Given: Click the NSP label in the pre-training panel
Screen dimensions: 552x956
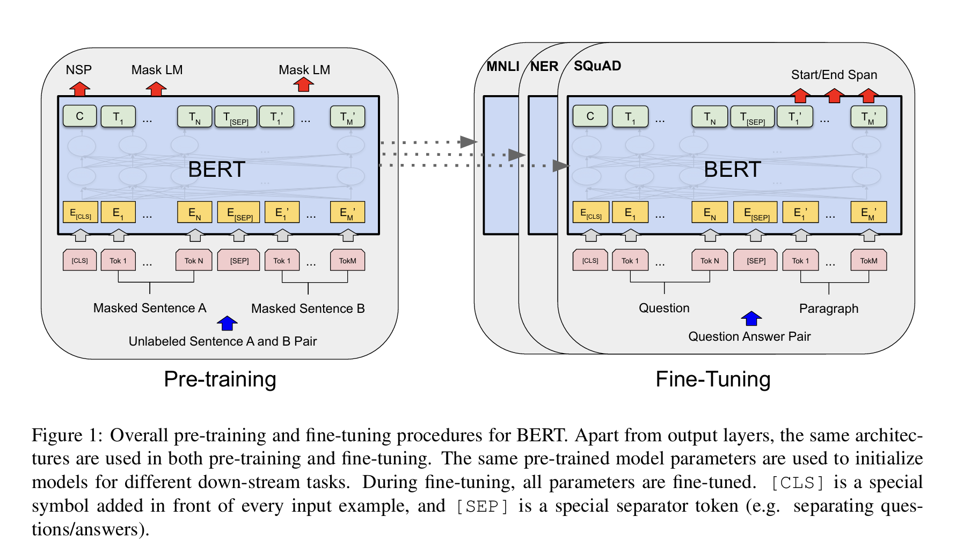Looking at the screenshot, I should click(x=79, y=70).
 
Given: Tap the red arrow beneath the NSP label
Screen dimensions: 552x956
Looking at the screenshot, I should click(x=79, y=89).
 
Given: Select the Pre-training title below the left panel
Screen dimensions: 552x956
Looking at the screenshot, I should click(x=220, y=379).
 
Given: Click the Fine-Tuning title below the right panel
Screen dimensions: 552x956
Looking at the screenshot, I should click(x=713, y=379).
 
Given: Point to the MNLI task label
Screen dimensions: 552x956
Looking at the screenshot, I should click(x=502, y=67).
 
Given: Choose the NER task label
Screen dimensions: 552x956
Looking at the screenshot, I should click(x=544, y=67).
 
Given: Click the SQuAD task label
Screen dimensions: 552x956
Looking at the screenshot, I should click(x=597, y=66).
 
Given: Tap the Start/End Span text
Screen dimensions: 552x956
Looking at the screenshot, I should click(x=834, y=75).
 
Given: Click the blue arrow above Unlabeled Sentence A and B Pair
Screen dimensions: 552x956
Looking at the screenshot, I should click(x=227, y=323).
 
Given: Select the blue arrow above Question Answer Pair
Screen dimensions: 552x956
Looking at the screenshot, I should click(x=751, y=319).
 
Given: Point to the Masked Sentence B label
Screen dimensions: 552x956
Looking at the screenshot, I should click(x=308, y=309).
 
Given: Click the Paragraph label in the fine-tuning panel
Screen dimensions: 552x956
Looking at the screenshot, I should click(x=829, y=309).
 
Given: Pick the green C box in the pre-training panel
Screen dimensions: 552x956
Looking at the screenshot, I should click(x=80, y=116).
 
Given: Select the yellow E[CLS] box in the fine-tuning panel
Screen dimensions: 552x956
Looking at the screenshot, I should click(x=591, y=212).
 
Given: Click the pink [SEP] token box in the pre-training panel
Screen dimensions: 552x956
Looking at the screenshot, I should click(x=239, y=261).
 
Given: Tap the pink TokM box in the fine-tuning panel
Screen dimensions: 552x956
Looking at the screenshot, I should click(x=869, y=261).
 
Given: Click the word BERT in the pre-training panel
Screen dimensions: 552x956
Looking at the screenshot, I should click(x=216, y=170).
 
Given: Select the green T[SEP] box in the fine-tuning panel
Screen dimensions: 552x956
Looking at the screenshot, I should click(x=753, y=117).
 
